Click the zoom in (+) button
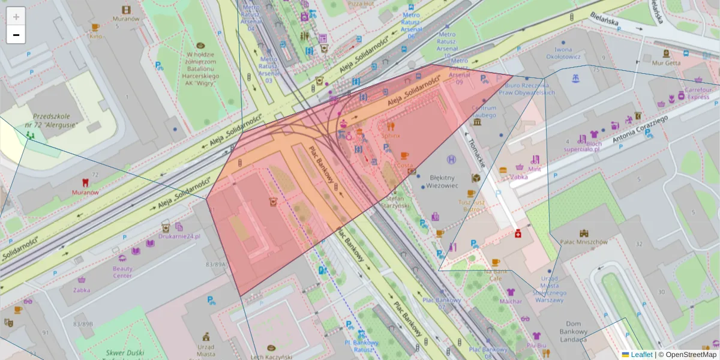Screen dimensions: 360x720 pos(16,17)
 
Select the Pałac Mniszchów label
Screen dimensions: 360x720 pos(583,242)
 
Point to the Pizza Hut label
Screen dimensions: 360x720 pos(361,4)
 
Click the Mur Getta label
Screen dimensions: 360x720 pos(666,62)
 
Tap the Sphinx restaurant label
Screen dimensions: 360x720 pos(391,136)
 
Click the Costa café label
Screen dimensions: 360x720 pos(405,164)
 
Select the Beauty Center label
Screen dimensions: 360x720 pos(122,272)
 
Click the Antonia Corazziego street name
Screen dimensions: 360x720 pos(641,128)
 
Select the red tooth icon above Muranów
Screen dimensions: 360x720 pos(85,182)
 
